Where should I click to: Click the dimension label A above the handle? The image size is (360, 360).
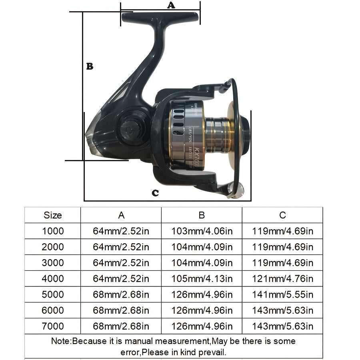(x=171, y=5)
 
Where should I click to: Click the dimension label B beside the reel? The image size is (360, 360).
(x=90, y=66)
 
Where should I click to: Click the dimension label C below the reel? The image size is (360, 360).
(x=155, y=193)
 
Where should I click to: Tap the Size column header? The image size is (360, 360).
(x=53, y=215)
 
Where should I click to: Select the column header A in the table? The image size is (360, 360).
(x=121, y=215)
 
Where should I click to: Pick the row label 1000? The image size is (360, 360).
(x=53, y=231)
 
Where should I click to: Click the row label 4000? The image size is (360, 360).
(x=53, y=278)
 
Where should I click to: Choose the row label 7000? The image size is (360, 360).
(x=53, y=326)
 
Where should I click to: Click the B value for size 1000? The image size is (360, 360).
(x=202, y=231)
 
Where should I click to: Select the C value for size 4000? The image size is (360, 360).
(x=282, y=278)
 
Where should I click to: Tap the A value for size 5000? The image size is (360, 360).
(x=121, y=294)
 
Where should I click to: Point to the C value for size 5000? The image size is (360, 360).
(x=282, y=294)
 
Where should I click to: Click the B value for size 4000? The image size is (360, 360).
(x=202, y=278)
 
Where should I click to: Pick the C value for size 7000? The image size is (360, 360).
(x=282, y=326)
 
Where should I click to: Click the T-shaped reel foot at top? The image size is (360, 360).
(x=160, y=17)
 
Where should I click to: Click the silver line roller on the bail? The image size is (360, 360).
(x=235, y=191)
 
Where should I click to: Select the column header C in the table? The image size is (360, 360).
(x=282, y=215)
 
